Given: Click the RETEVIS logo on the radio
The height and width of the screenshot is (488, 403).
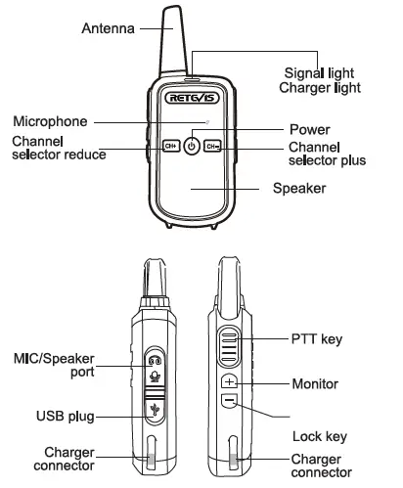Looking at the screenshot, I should point(192,98).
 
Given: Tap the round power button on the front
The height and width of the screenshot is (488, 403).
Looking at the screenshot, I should point(192,147).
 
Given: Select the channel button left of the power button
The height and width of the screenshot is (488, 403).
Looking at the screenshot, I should point(169,147).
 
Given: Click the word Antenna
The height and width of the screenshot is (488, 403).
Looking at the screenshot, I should point(108,30).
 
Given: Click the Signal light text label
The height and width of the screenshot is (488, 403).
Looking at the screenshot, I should point(319,73).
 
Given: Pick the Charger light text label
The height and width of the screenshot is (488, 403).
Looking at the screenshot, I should point(320,88).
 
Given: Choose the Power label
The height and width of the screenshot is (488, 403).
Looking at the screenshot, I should point(310,129).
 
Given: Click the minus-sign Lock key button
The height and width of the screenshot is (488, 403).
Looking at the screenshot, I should point(228,401).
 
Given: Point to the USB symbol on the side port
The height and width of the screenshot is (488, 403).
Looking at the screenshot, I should point(153,411).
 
